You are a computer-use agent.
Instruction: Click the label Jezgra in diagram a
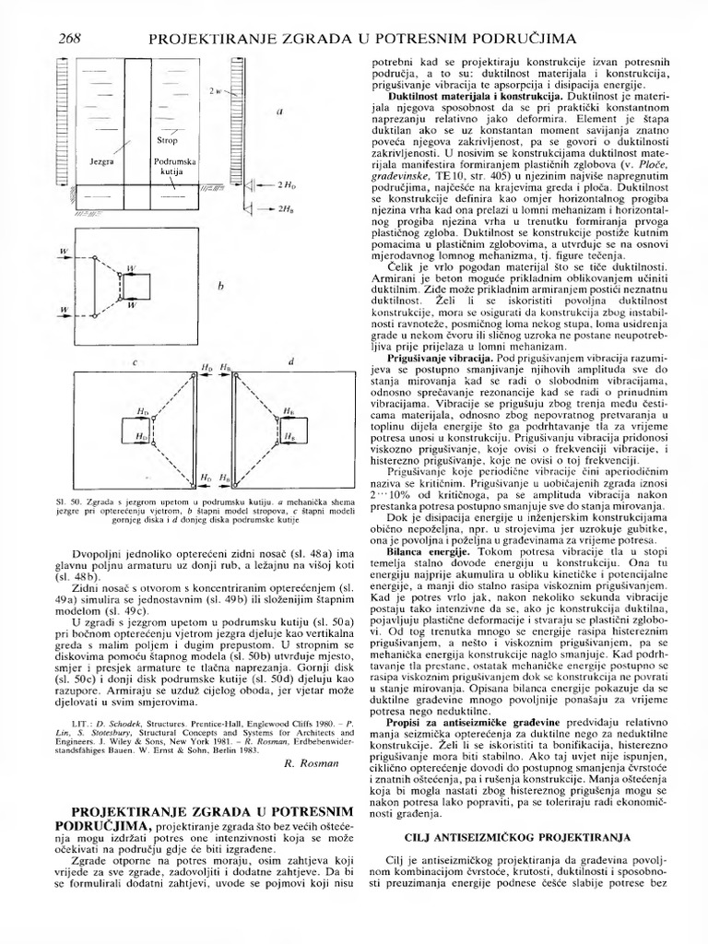tap(101, 160)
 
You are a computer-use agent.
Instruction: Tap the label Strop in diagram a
tap(167, 141)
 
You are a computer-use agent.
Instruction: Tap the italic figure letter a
tap(280, 112)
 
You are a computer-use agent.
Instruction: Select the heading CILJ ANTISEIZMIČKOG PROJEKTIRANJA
tap(517, 837)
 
